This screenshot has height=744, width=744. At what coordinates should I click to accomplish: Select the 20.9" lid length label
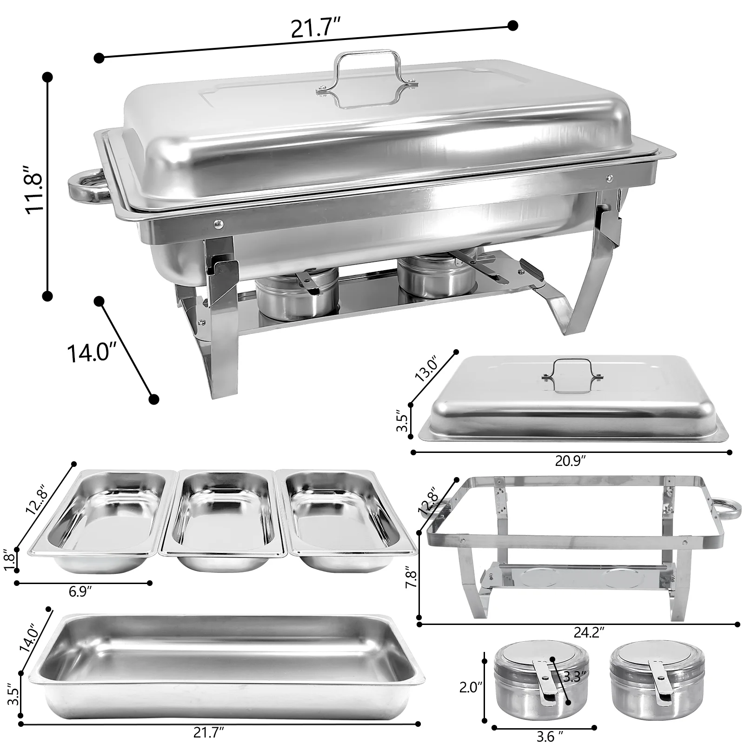571,460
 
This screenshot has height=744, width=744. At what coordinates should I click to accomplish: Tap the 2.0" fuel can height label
472,687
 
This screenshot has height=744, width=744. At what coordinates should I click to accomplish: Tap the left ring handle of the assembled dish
87,186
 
